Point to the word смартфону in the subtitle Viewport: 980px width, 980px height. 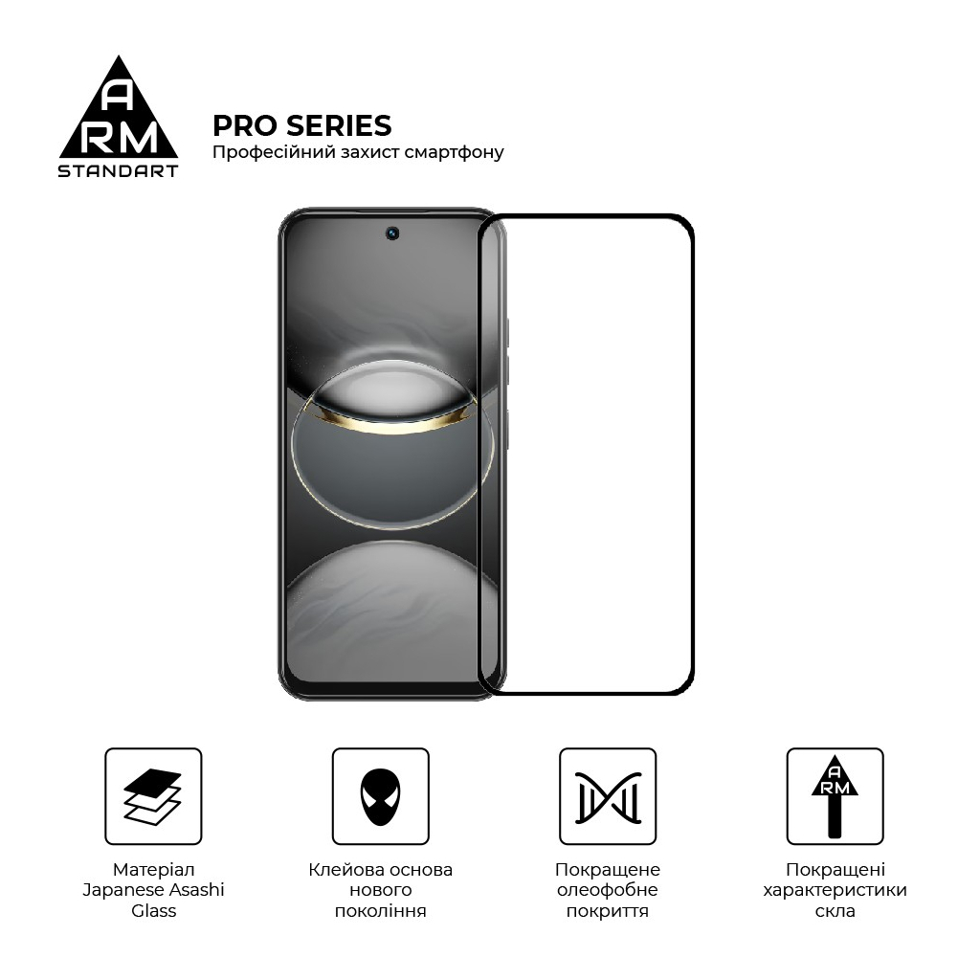[454, 152]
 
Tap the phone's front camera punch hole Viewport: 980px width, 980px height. [392, 234]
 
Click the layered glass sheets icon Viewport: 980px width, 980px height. [153, 796]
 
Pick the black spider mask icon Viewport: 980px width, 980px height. [380, 796]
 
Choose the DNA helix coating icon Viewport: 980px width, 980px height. [608, 796]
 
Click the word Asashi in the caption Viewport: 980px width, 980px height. [194, 890]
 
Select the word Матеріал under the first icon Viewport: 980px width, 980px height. [153, 870]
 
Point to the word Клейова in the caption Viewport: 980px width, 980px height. [346, 870]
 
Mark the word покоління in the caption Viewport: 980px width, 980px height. [380, 911]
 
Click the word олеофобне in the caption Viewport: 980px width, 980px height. [608, 890]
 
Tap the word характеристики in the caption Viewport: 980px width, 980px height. [835, 890]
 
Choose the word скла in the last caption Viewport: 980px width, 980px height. [835, 911]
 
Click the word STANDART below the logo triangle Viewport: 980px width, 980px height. [119, 171]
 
